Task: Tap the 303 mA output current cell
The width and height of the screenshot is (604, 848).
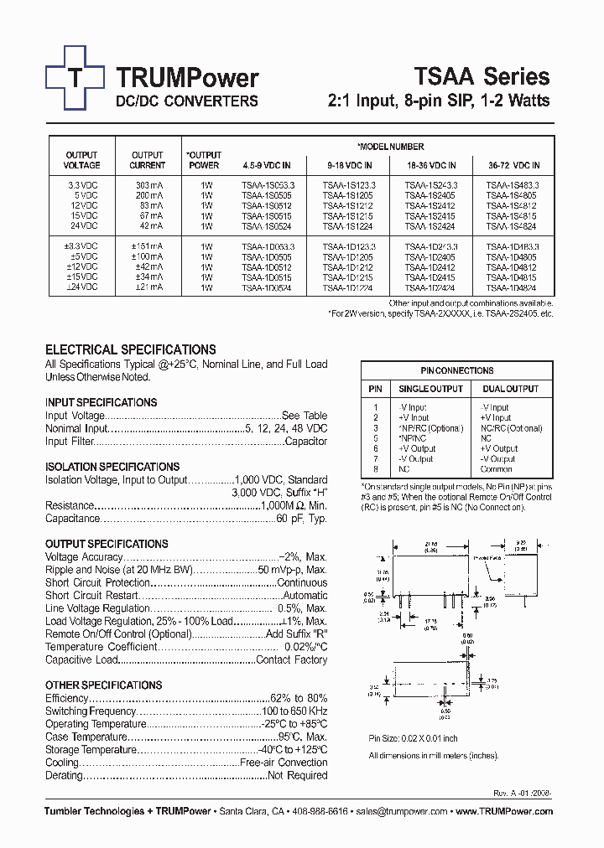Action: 148,185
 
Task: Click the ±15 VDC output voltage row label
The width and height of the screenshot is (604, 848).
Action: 82,277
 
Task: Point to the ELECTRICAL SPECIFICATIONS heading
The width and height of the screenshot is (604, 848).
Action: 130,349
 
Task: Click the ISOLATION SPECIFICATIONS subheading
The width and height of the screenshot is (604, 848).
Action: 112,467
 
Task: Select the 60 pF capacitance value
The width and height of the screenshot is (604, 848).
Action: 303,520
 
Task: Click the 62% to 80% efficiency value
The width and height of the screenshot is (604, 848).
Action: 299,698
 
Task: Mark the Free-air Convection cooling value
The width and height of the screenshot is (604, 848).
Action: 284,763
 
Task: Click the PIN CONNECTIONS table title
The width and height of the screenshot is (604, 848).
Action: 456,370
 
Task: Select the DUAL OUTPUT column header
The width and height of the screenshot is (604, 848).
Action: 511,389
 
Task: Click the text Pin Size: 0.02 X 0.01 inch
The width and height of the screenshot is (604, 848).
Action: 414,738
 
